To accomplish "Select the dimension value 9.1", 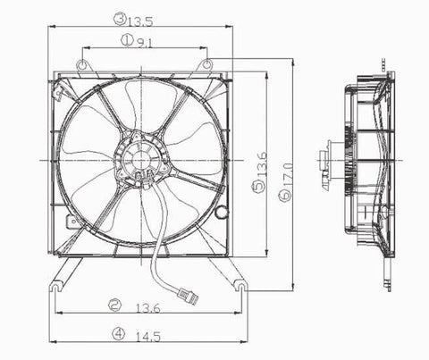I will click(145, 40).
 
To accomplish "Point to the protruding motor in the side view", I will click(326, 163).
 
